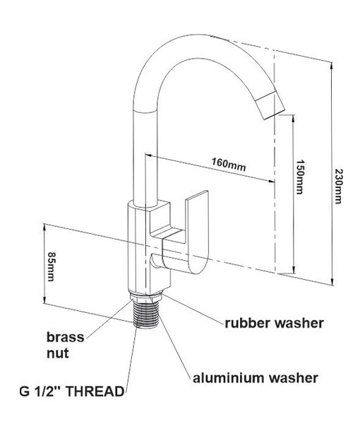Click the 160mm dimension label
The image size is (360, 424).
click(x=229, y=165)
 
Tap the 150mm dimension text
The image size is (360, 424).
click(x=300, y=177)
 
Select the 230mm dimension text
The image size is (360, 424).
click(x=338, y=186)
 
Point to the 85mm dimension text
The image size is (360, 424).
click(x=51, y=266)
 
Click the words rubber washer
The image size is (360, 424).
click(x=274, y=323)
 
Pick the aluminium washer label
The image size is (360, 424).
click(x=256, y=377)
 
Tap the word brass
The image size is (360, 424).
click(x=66, y=337)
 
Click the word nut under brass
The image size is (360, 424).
click(x=57, y=353)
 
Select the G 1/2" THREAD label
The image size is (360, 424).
click(x=72, y=391)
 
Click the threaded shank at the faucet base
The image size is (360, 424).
click(x=147, y=314)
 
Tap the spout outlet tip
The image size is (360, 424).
click(x=271, y=106)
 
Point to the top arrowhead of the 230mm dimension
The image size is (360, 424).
click(x=331, y=66)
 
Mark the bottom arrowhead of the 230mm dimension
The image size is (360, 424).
click(x=331, y=281)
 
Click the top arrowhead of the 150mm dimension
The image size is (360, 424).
click(x=293, y=119)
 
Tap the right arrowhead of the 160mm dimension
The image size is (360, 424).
click(x=270, y=181)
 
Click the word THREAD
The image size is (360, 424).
click(x=95, y=391)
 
